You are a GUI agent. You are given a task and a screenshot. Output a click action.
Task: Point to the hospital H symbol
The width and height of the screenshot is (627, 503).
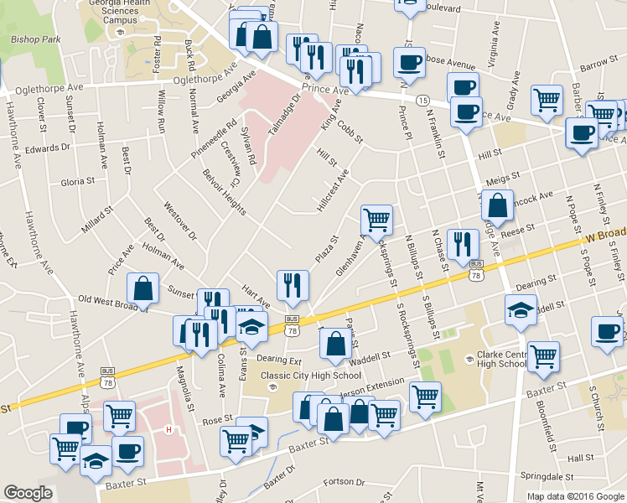click(x=169, y=430)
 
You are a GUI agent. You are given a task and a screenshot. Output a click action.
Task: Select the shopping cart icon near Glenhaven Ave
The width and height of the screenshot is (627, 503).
click(x=376, y=220)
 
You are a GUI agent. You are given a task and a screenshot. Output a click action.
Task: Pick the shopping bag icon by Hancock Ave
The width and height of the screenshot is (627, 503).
click(x=498, y=205)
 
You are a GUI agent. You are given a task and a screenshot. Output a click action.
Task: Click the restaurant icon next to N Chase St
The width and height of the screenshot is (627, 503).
click(x=462, y=245)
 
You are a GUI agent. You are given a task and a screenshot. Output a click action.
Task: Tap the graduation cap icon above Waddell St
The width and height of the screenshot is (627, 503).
click(x=521, y=311)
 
